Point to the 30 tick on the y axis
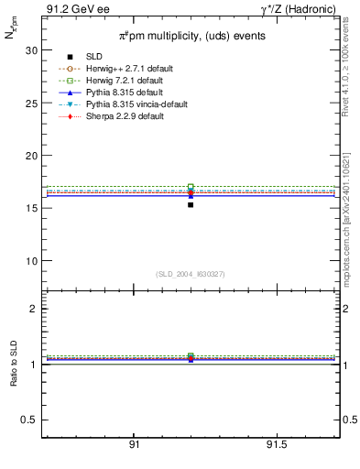click(x=33, y=50)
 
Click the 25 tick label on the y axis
click(x=33, y=104)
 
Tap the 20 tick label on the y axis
click(x=33, y=156)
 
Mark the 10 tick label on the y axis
click(x=33, y=261)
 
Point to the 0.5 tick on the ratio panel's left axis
click(x=30, y=420)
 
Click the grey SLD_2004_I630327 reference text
click(x=191, y=274)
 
